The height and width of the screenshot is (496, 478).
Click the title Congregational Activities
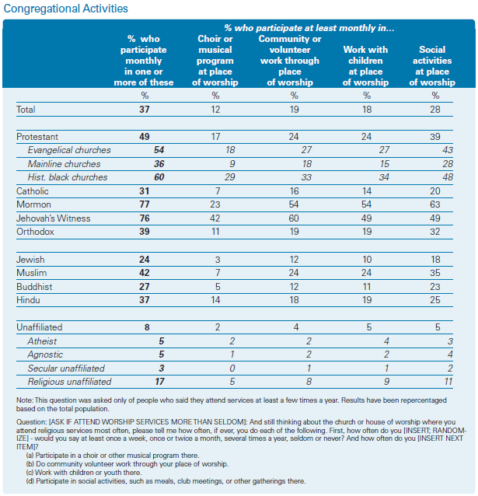click(66, 9)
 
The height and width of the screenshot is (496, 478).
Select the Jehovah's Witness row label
click(53, 218)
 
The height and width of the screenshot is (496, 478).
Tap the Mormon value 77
click(145, 204)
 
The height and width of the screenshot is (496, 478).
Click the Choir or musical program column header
click(215, 61)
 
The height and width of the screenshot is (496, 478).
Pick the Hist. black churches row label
click(68, 177)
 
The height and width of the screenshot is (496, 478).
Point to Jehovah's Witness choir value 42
click(215, 218)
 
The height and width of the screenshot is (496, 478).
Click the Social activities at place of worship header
click(432, 66)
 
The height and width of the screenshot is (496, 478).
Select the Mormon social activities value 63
click(435, 204)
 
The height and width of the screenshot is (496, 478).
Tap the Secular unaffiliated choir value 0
click(232, 369)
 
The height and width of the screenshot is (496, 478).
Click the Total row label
click(26, 110)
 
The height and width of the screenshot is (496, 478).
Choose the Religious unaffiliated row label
click(69, 382)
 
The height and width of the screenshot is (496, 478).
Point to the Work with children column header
click(365, 66)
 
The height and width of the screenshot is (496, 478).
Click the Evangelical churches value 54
click(159, 150)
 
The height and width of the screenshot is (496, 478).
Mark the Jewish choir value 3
click(218, 260)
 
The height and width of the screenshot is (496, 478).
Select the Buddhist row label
click(34, 287)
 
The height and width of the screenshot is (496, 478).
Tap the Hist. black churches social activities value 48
click(448, 177)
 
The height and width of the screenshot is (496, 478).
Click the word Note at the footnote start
click(25, 400)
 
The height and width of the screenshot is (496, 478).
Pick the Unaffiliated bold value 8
click(147, 327)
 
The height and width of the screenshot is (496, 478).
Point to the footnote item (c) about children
click(84, 473)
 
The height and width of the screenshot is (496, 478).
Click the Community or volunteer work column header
click(290, 61)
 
